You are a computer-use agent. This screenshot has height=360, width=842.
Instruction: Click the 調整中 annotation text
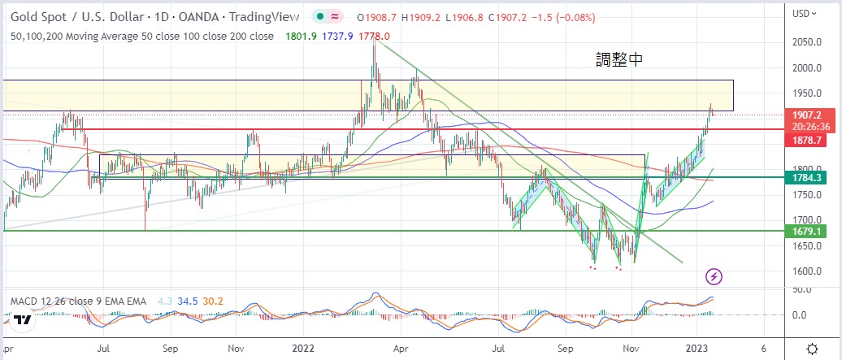click(x=620, y=60)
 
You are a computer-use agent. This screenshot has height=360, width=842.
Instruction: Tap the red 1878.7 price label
click(x=809, y=141)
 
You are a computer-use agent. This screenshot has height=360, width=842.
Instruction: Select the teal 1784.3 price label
click(x=809, y=177)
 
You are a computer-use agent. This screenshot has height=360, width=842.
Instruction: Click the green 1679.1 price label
click(x=809, y=231)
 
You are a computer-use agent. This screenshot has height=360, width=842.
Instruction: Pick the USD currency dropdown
click(x=804, y=13)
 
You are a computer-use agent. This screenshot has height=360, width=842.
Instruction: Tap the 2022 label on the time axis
click(x=302, y=348)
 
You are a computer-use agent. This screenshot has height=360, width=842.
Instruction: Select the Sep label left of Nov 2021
click(x=170, y=348)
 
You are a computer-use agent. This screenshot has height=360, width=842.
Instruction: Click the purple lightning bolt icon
click(x=713, y=277)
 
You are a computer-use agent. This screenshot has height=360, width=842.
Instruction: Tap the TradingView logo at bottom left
click(x=22, y=319)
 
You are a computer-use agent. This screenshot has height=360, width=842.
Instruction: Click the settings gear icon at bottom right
click(x=812, y=348)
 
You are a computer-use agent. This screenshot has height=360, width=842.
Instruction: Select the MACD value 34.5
click(x=189, y=301)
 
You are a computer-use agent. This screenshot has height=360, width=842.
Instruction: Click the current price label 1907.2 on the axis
click(x=809, y=116)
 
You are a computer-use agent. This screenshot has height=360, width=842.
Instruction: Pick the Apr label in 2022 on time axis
click(x=401, y=348)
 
